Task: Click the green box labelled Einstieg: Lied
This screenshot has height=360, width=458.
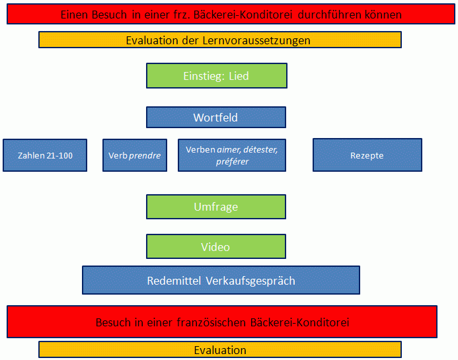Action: [x=216, y=76]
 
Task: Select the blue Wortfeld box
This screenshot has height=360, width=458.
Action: [x=215, y=118]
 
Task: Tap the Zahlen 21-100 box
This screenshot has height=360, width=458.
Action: [x=45, y=156]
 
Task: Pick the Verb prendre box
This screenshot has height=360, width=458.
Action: [x=135, y=156]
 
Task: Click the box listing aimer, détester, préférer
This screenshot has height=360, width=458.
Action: [x=231, y=156]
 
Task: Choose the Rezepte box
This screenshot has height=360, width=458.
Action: [x=367, y=156]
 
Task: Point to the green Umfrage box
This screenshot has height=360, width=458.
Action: [x=215, y=207]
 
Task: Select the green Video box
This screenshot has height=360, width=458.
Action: [x=215, y=246]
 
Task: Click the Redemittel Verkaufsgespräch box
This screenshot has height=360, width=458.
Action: [x=221, y=280]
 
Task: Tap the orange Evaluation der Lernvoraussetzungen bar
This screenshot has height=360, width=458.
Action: [x=219, y=40]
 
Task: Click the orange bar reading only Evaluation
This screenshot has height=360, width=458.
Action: [x=219, y=350]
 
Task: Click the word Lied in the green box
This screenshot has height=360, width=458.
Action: [x=239, y=76]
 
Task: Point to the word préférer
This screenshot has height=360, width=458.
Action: [x=232, y=161]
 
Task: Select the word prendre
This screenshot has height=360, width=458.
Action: [x=145, y=156]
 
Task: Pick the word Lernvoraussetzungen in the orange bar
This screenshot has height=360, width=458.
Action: [x=258, y=40]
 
